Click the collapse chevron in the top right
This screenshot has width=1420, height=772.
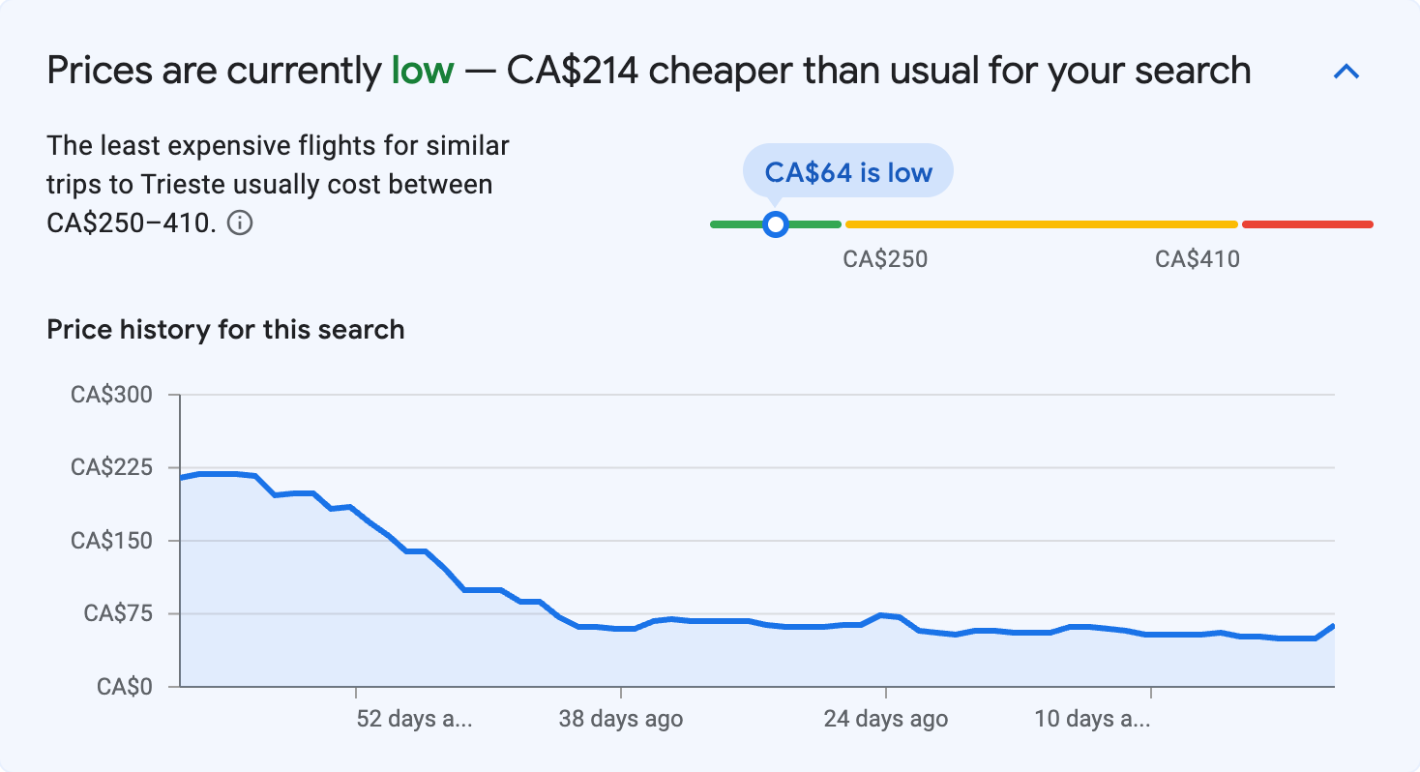pos(1346,72)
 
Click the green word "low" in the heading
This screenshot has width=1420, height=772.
pos(422,72)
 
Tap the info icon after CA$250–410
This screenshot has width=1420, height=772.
pos(240,223)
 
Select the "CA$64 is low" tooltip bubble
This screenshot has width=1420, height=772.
pos(847,172)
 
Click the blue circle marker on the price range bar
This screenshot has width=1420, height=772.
pos(775,224)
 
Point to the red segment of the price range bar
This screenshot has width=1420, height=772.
pos(1307,224)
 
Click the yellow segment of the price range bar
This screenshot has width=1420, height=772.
pos(1041,224)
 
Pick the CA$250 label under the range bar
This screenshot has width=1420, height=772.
pos(885,259)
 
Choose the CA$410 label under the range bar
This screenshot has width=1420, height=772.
pos(1198,259)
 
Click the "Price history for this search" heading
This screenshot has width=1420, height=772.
pos(225,330)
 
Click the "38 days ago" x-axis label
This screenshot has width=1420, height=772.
pos(621,720)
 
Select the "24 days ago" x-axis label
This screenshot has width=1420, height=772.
pos(885,720)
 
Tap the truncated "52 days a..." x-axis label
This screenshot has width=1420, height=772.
pos(414,720)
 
